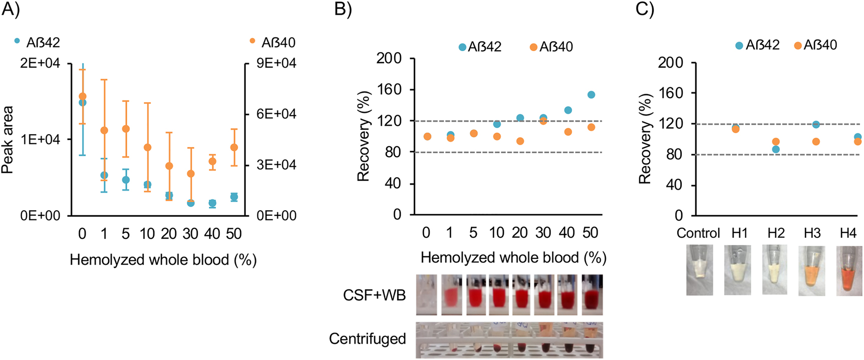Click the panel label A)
coord(11,10)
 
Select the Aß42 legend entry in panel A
coord(37,43)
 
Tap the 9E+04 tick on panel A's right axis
coord(276,63)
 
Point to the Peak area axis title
coord(8,140)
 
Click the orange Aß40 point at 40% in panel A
coord(212,161)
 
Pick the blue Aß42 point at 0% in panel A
coord(83,103)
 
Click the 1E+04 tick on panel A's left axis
coord(40,140)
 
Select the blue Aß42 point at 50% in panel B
coord(591,95)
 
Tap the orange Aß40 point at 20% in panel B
coord(520,141)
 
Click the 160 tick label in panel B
coord(389,90)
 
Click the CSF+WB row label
coord(374,295)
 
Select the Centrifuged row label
coord(367,339)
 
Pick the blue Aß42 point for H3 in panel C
coord(816,124)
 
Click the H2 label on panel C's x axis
coord(776,233)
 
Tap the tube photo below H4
coord(849,270)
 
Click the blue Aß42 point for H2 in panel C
coord(776,149)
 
